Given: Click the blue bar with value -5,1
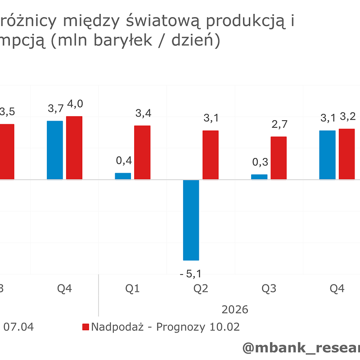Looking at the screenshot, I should coord(191,220).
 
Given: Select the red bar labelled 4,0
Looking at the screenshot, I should coord(74,148).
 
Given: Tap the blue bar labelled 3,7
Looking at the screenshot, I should coord(55,150).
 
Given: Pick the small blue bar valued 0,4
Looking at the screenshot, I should coord(123,176).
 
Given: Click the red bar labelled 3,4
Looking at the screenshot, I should coord(142,153).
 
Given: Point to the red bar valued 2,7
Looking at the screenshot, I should coord(279,158).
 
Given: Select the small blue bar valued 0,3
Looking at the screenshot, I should coord(259,177).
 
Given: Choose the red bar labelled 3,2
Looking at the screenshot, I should coord(346,154).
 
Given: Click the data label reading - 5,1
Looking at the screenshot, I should coord(190,274).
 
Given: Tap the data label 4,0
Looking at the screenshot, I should coord(74,104).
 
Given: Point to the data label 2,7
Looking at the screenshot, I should coord(279,124).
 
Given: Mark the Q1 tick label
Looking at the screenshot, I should coord(132,289).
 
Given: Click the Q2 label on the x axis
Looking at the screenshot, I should coord(201,289).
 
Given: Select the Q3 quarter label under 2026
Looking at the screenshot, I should coord(269,289).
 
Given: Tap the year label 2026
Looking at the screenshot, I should coord(235,310).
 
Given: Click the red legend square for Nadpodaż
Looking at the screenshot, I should coord(85,327).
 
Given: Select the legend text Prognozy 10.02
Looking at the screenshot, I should coord(198,327).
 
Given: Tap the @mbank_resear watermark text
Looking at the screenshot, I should coord(301,348).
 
